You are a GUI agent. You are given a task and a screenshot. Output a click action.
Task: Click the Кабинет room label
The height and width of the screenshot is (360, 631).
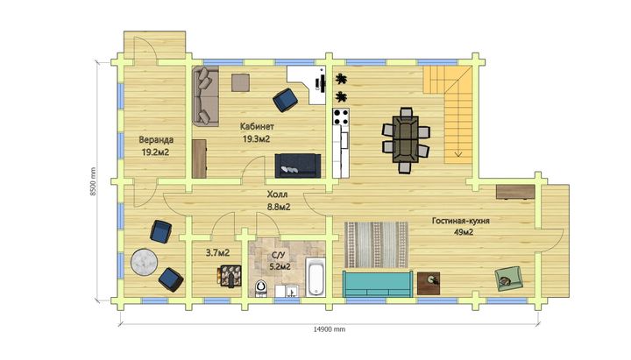point(257,126)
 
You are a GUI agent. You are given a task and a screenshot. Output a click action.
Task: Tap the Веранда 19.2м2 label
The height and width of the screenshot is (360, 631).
point(156,145)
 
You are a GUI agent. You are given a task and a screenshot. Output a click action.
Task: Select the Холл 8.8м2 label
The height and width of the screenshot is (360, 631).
point(279,201)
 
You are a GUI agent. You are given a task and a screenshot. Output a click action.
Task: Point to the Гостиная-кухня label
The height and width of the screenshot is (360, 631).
point(461,221)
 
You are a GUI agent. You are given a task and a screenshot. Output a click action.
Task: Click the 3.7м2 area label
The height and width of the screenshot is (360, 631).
point(217,253)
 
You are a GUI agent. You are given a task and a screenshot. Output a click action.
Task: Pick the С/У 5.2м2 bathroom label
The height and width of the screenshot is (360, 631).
point(279,261)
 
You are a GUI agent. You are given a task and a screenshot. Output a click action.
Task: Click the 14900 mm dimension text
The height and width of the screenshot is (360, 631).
point(330,329)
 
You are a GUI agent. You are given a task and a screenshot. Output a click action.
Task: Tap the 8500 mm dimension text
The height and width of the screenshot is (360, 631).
point(93,181)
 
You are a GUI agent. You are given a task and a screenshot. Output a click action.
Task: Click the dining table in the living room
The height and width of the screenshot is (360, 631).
point(406,139)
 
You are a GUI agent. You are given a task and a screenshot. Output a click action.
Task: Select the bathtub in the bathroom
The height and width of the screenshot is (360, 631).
point(315,277)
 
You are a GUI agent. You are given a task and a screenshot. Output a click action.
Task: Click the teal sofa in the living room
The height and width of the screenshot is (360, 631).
point(378,284)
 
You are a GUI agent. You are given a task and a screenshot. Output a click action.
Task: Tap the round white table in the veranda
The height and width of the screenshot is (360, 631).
point(144,262)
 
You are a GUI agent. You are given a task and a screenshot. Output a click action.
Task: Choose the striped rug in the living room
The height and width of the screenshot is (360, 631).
point(376,244)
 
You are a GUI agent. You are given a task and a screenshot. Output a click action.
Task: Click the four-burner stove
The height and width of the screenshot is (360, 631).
point(341,116)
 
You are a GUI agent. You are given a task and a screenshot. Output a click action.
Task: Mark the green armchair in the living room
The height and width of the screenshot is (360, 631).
point(509,279)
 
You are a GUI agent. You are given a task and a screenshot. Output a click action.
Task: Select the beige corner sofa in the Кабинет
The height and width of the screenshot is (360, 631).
point(206,96)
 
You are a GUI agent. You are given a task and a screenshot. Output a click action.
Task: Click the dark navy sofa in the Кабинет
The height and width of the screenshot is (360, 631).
point(298,166)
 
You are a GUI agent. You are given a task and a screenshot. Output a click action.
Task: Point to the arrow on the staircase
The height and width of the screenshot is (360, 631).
point(458,153)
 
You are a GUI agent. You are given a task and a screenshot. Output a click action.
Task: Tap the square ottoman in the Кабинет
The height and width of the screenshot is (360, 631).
point(240,82)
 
